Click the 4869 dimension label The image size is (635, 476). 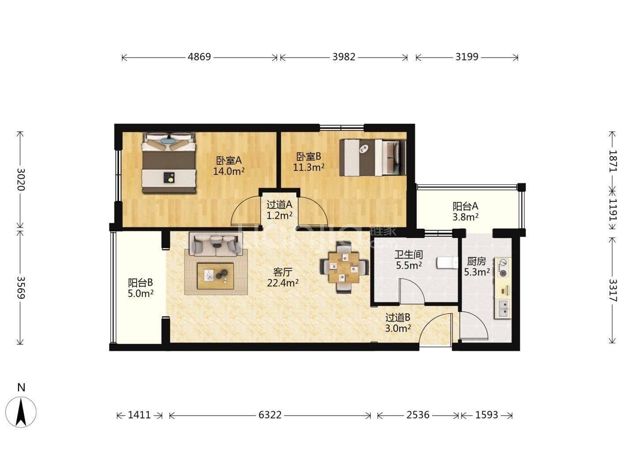pyautogui.click(x=199, y=57)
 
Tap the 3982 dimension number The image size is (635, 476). pyautogui.click(x=344, y=57)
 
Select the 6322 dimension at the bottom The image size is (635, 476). pyautogui.click(x=269, y=415)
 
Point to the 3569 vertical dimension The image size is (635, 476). pyautogui.click(x=21, y=287)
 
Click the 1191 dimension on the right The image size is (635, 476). pyautogui.click(x=613, y=209)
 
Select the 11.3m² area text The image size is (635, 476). pyautogui.click(x=308, y=167)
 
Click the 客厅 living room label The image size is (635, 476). pyautogui.click(x=282, y=272)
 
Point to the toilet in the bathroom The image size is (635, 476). pyautogui.click(x=447, y=263)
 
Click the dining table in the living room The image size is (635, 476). pyautogui.click(x=344, y=268)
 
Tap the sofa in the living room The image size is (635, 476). pyautogui.click(x=216, y=244)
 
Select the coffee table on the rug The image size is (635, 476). pyautogui.click(x=216, y=276)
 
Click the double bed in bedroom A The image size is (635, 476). pyautogui.click(x=169, y=163)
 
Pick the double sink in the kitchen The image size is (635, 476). pyautogui.click(x=504, y=309)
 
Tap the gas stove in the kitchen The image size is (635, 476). pyautogui.click(x=504, y=268)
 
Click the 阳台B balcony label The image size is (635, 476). pyautogui.click(x=140, y=283)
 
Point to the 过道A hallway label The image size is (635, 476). pyautogui.click(x=279, y=205)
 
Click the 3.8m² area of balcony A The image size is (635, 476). pyautogui.click(x=465, y=217)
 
